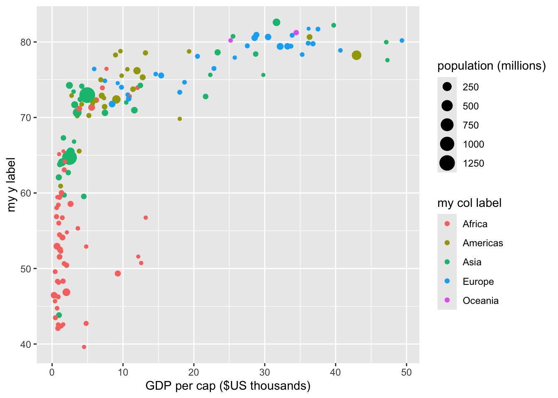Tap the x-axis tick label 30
click(x=264, y=372)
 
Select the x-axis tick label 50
click(x=406, y=372)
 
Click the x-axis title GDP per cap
click(x=228, y=386)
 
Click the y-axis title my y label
click(x=11, y=184)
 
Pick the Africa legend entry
click(x=475, y=224)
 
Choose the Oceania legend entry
click(x=480, y=301)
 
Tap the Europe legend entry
click(x=478, y=282)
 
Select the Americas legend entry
click(x=482, y=243)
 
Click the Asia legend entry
click(x=472, y=262)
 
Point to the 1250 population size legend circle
click(x=447, y=163)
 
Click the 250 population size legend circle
click(x=447, y=87)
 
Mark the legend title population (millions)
click(x=492, y=66)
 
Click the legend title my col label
click(x=469, y=203)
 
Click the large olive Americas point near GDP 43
click(x=356, y=55)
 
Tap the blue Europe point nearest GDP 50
click(x=402, y=41)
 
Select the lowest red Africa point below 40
click(x=84, y=347)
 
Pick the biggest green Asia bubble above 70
click(x=87, y=95)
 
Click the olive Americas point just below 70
click(x=180, y=119)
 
